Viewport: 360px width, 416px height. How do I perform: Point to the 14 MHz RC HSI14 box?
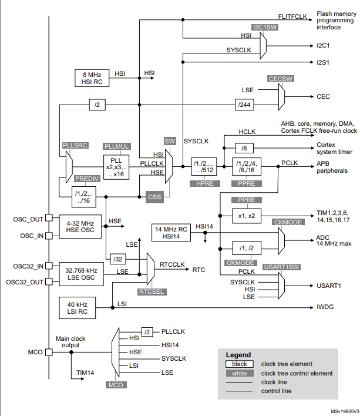tap(171, 232)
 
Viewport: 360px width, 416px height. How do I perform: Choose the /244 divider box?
tap(246, 105)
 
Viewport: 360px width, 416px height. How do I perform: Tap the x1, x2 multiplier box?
tap(247, 215)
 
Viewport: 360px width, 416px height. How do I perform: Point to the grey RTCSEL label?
tap(152, 291)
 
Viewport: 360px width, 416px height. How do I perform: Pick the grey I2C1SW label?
tap(264, 27)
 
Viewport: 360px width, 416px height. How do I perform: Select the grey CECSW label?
tap(280, 78)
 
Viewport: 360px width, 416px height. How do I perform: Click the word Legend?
tap(238, 355)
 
